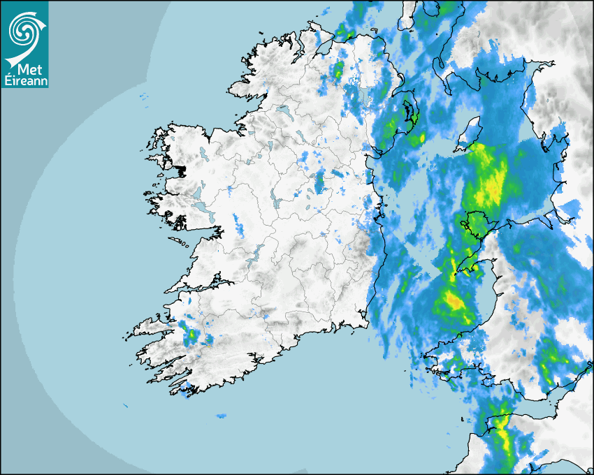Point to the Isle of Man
469,133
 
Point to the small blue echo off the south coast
221,416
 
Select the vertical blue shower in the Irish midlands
320,182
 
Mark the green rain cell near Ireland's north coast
338,69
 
